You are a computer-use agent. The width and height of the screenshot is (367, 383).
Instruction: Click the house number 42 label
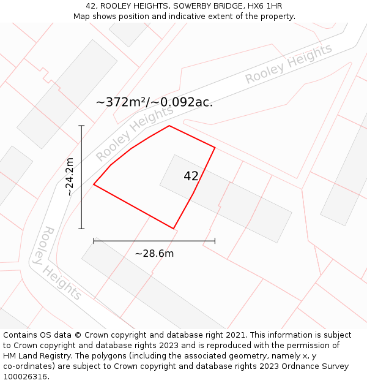click(191, 176)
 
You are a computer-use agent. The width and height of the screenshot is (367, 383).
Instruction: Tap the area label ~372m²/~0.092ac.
click(154, 102)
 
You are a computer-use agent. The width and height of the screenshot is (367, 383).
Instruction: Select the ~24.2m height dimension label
click(70, 177)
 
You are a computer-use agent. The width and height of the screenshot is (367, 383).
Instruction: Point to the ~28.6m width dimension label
click(154, 253)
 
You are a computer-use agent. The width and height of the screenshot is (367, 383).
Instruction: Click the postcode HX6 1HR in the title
click(267, 6)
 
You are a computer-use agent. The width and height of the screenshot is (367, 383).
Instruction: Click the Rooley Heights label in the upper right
click(288, 64)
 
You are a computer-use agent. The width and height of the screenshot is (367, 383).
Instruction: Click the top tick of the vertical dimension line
click(81, 126)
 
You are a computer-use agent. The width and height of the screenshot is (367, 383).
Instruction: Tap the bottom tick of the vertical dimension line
click(81, 229)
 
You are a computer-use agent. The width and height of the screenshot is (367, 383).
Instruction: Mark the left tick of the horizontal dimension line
click(94, 241)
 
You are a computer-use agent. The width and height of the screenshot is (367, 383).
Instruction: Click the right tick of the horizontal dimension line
click(215, 241)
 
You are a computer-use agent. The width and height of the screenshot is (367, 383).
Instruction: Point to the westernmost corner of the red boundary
click(94, 184)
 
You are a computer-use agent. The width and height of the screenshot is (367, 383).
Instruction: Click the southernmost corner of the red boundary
click(174, 229)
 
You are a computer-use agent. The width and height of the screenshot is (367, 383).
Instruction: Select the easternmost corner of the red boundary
click(215, 147)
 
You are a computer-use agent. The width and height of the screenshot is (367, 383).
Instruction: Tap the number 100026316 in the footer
click(25, 377)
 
